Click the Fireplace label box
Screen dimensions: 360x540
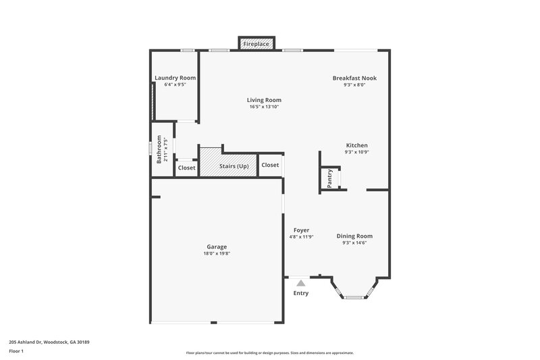(x=256, y=44)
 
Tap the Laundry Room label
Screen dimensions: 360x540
(x=175, y=78)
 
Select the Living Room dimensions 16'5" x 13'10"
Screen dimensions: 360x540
(x=264, y=107)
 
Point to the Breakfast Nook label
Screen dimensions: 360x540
(x=354, y=78)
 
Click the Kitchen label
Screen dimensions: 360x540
(x=356, y=145)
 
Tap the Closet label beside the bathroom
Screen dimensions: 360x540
(x=186, y=168)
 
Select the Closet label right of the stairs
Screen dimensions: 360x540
(x=270, y=165)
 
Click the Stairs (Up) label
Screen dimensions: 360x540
(x=233, y=165)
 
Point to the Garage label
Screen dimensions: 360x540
(x=217, y=247)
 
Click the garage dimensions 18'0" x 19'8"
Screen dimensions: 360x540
(x=217, y=253)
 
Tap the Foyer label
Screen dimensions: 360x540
(x=301, y=230)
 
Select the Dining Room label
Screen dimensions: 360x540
(x=354, y=236)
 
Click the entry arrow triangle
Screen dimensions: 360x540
(x=301, y=283)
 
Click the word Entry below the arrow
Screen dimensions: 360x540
(x=301, y=293)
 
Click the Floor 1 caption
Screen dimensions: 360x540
(x=17, y=352)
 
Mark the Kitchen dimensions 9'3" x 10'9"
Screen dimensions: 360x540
(x=356, y=152)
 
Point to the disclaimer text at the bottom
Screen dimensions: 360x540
(x=270, y=353)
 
